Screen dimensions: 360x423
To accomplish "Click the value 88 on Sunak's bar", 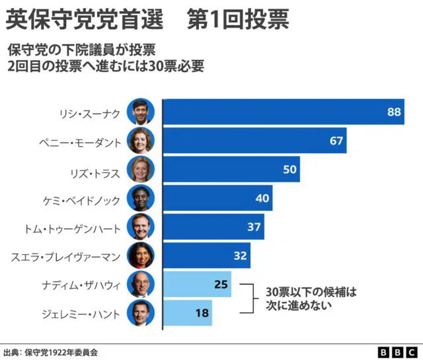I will pyautogui.click(x=394, y=112).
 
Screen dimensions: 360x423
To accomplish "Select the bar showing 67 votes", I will pyautogui.click(x=254, y=141).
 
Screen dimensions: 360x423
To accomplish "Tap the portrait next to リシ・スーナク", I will pyautogui.click(x=141, y=112).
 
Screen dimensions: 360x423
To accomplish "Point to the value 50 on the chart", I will pyautogui.click(x=289, y=170).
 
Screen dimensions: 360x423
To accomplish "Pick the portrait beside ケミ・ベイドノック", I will pyautogui.click(x=141, y=198).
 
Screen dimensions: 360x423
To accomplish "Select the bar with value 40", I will pyautogui.click(x=217, y=198).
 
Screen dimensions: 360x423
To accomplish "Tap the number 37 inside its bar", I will pyautogui.click(x=254, y=227).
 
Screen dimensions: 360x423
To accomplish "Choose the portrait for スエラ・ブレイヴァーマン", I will pyautogui.click(x=141, y=256).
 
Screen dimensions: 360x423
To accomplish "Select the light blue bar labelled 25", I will pyautogui.click(x=196, y=284).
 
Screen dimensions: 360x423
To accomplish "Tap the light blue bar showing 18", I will pyautogui.click(x=187, y=312).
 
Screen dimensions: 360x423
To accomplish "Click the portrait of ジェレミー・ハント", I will pyautogui.click(x=141, y=312).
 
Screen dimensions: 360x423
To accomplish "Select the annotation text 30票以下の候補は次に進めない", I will pyautogui.click(x=311, y=299).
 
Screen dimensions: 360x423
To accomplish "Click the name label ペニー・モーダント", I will pyautogui.click(x=89, y=141).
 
